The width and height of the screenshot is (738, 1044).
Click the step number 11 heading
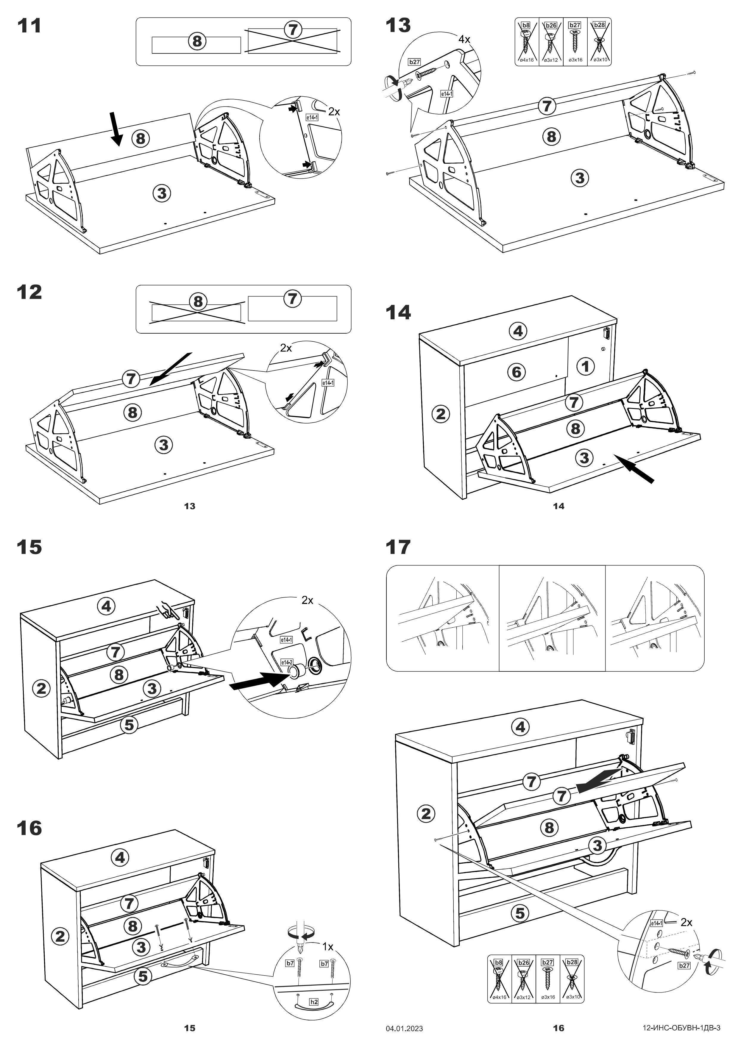29,26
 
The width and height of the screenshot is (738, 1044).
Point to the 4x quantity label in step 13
464,40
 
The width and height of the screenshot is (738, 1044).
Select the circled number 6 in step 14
516,372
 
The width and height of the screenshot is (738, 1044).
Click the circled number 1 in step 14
586,366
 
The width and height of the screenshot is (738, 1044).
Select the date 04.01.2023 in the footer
404,1028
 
